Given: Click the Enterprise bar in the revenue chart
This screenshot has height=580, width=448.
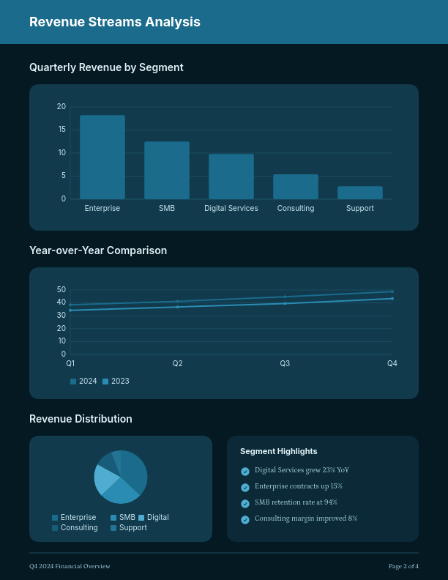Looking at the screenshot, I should click(x=102, y=157).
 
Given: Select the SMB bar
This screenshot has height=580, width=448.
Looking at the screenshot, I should click(x=167, y=170).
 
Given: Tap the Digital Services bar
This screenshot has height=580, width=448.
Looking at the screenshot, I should click(x=231, y=176).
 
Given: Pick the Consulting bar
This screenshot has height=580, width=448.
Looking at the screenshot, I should click(x=296, y=187).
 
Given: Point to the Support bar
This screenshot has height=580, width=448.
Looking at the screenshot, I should click(x=360, y=193).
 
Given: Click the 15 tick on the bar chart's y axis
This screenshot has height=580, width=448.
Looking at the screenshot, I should click(x=61, y=130).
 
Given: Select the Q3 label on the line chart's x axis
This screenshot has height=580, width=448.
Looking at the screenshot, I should click(x=285, y=363).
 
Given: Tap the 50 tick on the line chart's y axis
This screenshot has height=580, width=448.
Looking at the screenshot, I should click(x=61, y=290).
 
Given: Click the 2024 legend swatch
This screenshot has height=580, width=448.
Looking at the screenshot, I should click(x=73, y=382).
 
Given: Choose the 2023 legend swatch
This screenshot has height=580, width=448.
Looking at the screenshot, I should click(x=105, y=382).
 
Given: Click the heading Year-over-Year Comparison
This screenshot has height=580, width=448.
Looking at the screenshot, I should click(x=98, y=250).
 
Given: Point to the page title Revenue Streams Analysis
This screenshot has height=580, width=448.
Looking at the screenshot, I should click(x=115, y=22).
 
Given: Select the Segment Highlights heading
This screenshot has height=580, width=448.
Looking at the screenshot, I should click(x=279, y=451).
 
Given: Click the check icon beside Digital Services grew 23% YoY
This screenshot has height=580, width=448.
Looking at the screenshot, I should click(x=245, y=471).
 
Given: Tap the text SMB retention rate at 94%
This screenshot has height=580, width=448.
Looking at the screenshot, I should click(x=296, y=502).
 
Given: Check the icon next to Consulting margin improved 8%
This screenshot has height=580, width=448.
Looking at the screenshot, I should click(x=245, y=520).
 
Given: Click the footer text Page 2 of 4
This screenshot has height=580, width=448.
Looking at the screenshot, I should click(x=403, y=566).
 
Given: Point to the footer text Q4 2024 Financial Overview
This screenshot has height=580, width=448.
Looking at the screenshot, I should click(x=70, y=566).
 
